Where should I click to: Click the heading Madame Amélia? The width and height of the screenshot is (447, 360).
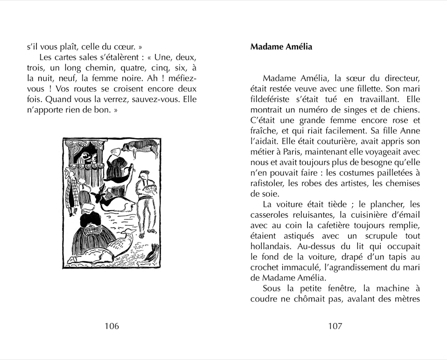281,47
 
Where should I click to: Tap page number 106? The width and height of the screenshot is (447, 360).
112,326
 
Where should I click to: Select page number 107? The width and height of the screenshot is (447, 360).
335,326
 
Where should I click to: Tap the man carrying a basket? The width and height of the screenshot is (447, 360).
146,196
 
